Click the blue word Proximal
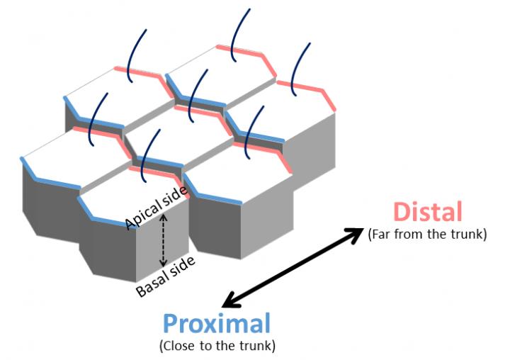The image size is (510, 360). pyautogui.click(x=217, y=324)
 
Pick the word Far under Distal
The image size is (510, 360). pyautogui.click(x=380, y=234)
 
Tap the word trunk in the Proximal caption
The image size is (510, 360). pyautogui.click(x=258, y=347)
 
